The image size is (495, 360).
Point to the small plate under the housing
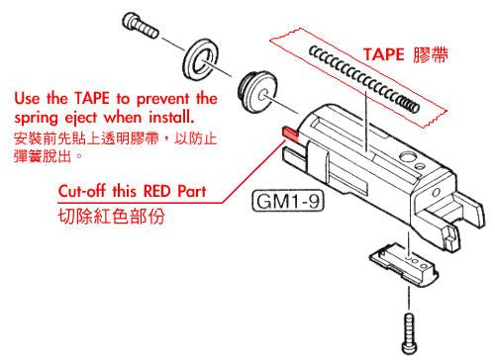point(406,262)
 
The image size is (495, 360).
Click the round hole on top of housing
point(407,158)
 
